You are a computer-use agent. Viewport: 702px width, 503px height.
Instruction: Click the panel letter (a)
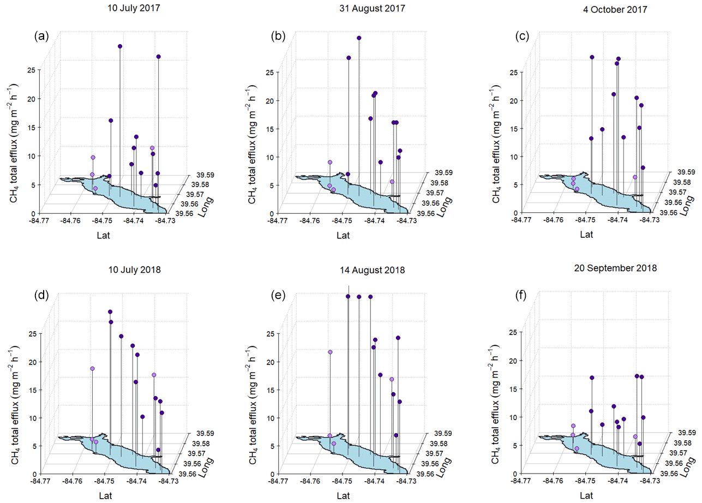tap(42, 37)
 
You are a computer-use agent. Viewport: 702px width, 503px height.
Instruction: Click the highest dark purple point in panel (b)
tap(359, 38)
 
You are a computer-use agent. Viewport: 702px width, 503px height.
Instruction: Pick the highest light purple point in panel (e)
tap(330, 352)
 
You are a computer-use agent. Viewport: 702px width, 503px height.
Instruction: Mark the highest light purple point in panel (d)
tap(92, 369)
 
